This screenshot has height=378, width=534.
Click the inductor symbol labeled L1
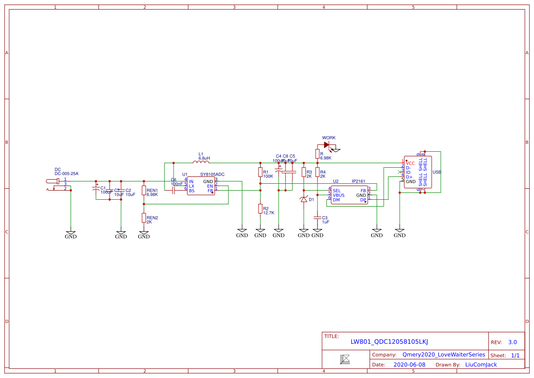tap(201, 162)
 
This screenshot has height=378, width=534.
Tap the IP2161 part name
tap(358, 181)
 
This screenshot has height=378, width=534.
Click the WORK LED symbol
tap(327, 145)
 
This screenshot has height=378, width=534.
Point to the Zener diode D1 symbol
tap(304, 199)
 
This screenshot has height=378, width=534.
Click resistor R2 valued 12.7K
tap(260, 209)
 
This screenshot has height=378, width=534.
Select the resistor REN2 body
tap(144, 218)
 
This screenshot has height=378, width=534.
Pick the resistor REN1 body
tap(144, 191)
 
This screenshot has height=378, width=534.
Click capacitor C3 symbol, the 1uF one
tap(317, 218)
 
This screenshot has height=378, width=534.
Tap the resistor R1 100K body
tap(260, 172)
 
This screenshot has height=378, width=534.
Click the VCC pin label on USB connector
tap(410, 163)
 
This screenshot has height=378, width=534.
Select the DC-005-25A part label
tap(66, 174)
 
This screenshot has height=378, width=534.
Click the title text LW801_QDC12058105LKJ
tap(389, 342)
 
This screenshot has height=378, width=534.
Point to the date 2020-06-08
tap(409, 365)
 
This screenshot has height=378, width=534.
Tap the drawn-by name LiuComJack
tap(481, 365)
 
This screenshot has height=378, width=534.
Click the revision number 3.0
tap(512, 342)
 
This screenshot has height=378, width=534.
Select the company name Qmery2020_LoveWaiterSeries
tap(444, 355)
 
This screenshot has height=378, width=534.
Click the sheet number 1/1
tap(515, 355)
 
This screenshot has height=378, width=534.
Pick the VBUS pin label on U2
tap(339, 195)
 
